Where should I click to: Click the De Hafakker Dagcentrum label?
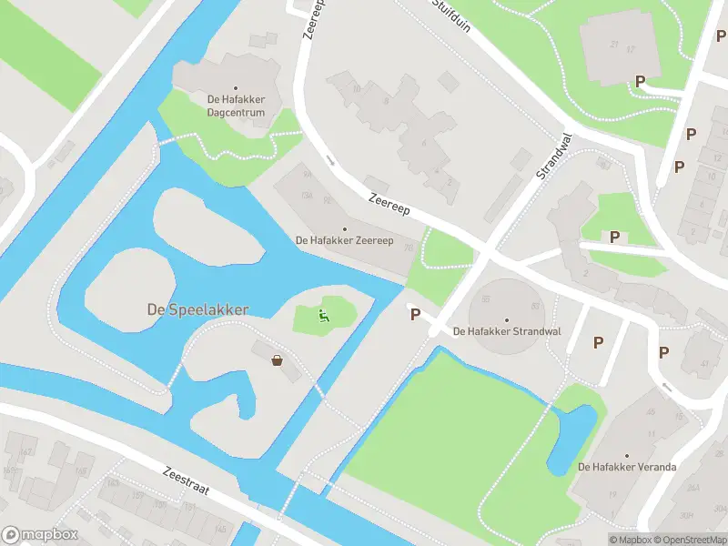coord(236,106)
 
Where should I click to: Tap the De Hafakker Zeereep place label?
coord(344,240)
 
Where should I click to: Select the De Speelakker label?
coord(197,309)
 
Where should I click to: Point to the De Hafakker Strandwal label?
coord(507,330)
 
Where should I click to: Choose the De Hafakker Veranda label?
coord(627,467)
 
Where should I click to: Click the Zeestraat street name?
coord(187,481)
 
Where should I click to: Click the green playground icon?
coord(323,316)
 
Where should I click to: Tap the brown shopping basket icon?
coord(277,360)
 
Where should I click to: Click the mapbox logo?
coord(40,535)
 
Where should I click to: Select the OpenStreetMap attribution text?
coord(688,540)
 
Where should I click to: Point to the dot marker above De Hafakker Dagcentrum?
coord(236,88)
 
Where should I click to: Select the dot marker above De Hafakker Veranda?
coord(627,454)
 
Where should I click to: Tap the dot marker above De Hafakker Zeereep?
coord(344,228)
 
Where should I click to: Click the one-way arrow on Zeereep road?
coord(329,161)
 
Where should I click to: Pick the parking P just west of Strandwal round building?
coord(416,315)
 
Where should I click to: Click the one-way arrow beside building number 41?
coord(666,387)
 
